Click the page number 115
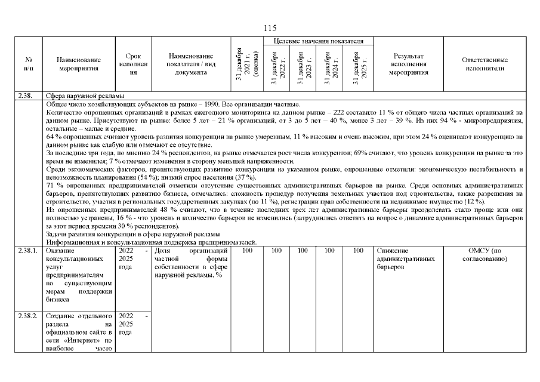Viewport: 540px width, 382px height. [x=270, y=28]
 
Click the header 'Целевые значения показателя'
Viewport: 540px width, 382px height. [x=318, y=41]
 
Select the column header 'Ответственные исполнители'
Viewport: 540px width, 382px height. [x=485, y=64]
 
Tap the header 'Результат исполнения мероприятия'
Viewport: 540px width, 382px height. [x=409, y=64]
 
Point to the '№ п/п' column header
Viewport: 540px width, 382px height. [x=29, y=64]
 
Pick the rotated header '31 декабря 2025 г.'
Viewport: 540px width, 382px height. [x=358, y=67]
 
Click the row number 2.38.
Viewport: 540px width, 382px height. [x=27, y=95]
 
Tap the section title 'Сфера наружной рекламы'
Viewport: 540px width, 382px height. [x=85, y=95]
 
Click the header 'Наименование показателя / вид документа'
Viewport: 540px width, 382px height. [x=190, y=64]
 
